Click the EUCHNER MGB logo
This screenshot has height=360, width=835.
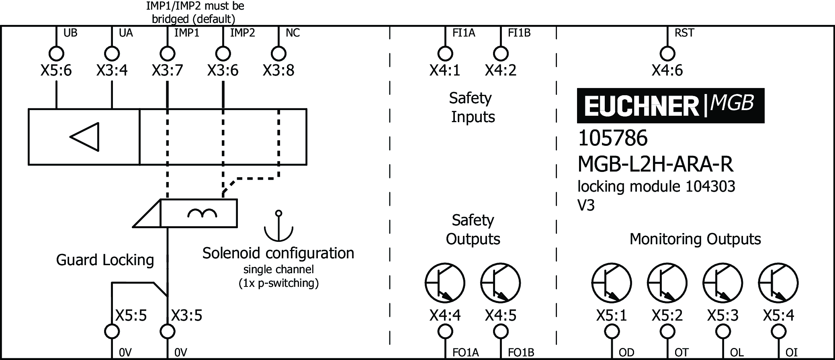pos(670,106)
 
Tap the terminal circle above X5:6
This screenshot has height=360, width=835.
pos(56,53)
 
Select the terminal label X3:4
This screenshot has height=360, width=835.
pos(112,71)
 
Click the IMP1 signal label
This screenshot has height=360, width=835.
pos(186,33)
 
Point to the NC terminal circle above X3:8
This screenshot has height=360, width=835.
pos(278,53)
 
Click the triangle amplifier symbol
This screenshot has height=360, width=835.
pos(85,137)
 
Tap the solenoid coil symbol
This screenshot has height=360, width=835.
pos(202,213)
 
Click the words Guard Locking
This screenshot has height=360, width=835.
pos(105,260)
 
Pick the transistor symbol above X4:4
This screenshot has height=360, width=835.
pos(445,283)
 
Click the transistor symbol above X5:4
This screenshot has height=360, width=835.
pos(778,283)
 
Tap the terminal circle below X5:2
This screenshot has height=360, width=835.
pos(667,332)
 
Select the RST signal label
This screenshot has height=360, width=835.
pos(684,33)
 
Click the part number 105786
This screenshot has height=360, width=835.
pos(613,138)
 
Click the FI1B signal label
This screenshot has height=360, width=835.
pos(519,33)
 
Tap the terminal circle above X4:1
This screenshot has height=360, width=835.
pos(445,53)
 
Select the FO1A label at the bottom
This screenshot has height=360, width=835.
pos(465,352)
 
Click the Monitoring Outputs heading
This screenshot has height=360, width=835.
pos(695,239)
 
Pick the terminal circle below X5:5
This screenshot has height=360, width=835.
pos(112,332)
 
